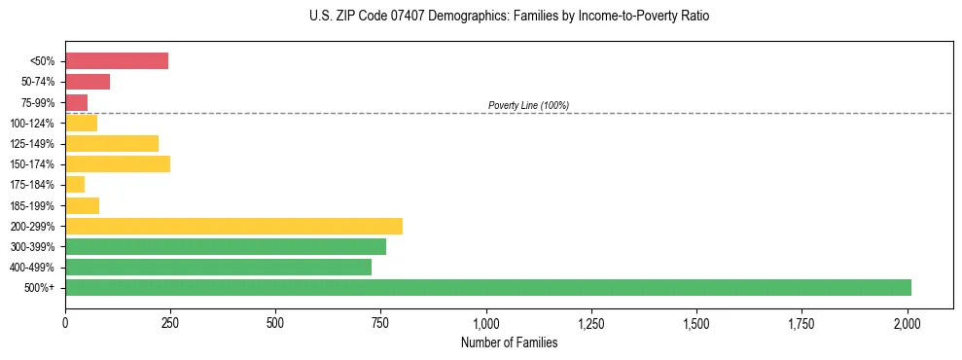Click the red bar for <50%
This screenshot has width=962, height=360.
tap(117, 61)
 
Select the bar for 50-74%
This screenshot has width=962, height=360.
tap(88, 82)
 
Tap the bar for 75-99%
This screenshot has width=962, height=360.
tap(77, 102)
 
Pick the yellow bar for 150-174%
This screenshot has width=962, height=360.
tap(118, 164)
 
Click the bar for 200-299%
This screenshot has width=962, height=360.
tap(233, 226)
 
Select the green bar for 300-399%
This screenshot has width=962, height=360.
tap(226, 246)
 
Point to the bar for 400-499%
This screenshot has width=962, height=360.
tap(218, 267)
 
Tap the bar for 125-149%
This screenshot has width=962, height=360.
tap(112, 144)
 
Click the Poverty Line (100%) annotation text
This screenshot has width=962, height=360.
tap(528, 105)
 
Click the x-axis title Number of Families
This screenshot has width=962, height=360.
tap(510, 342)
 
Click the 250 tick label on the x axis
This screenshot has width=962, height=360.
tap(170, 322)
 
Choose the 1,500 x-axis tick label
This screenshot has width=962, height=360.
tap(697, 322)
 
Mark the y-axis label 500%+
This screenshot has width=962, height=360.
tap(41, 288)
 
